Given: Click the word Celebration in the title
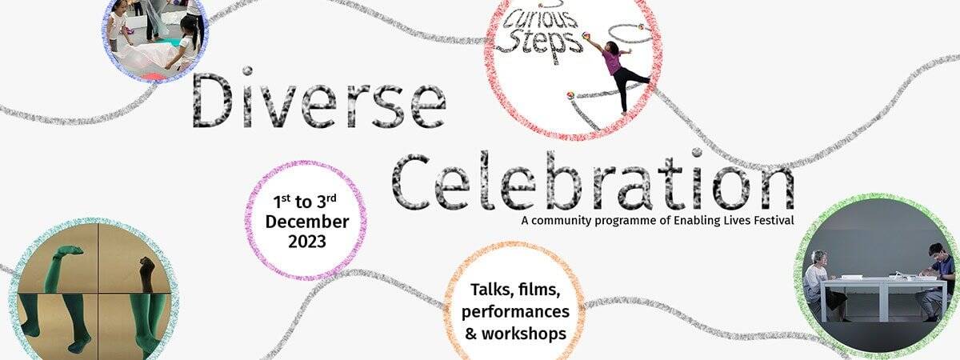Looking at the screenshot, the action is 593,180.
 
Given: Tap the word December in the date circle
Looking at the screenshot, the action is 307,222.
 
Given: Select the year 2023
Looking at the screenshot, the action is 307,242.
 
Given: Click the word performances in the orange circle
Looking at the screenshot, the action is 515,311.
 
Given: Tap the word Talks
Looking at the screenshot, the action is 489,290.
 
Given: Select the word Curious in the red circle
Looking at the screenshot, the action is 541,22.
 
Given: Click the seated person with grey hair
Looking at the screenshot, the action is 824,285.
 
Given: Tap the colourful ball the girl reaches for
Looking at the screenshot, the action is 587,35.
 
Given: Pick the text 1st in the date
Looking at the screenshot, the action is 282,201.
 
